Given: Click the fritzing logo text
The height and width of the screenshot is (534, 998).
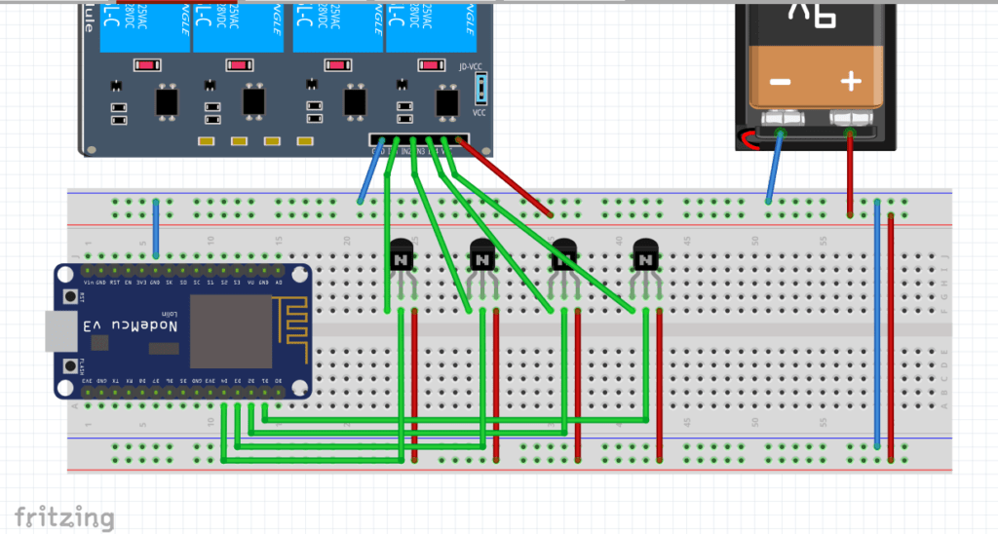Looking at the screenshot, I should (64, 518).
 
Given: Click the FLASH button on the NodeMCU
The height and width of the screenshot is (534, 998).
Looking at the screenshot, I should (69, 366).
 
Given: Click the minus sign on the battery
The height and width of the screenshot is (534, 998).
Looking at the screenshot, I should (780, 82).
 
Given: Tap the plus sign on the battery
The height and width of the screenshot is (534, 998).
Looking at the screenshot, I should (851, 81).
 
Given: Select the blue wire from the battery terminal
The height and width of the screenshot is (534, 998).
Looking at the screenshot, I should (775, 166).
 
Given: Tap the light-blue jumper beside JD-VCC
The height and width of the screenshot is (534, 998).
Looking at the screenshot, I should (480, 90).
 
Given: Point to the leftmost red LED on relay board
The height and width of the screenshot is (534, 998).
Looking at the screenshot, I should (146, 66).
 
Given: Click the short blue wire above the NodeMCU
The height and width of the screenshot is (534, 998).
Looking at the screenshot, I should (156, 230).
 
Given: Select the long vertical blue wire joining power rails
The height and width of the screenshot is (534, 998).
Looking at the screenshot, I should (877, 322).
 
